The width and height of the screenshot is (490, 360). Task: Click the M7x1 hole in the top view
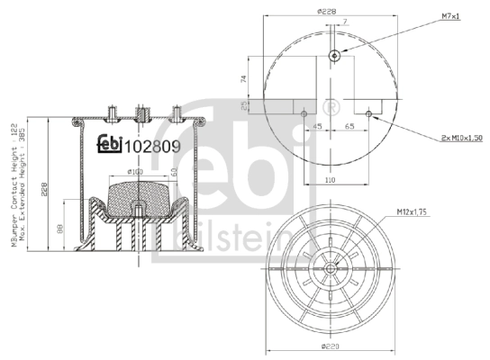334,57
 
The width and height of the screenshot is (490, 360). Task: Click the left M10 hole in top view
305,113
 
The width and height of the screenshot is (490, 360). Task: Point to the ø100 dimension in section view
135,171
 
